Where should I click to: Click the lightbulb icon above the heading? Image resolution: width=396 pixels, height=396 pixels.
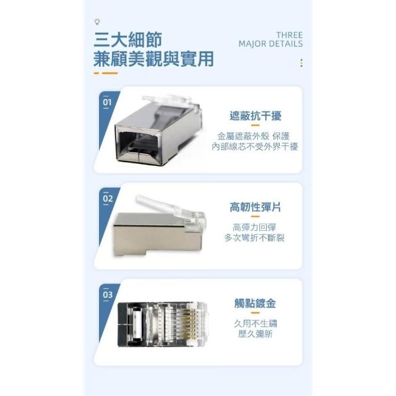click(97, 22)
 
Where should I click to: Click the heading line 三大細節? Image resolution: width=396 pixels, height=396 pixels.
click(128, 40)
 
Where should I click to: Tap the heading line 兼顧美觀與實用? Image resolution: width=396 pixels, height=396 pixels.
click(154, 59)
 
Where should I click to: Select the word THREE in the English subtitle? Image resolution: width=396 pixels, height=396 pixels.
click(289, 35)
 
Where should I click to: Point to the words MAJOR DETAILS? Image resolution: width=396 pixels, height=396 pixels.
click(270, 44)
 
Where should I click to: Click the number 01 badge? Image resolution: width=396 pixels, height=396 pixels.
click(107, 102)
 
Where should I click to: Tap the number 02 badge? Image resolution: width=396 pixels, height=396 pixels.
click(108, 199)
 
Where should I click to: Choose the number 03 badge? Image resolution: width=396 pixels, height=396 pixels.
click(108, 295)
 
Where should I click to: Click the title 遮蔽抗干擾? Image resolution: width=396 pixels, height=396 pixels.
click(256, 116)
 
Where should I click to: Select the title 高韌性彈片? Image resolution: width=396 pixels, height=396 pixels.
click(255, 207)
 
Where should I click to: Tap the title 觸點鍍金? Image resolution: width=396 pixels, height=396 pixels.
click(255, 303)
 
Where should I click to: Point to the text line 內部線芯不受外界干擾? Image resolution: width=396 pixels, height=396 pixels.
click(255, 147)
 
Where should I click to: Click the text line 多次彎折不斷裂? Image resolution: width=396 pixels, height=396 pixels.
click(254, 238)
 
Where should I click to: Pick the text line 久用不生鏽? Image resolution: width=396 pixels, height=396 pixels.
click(255, 324)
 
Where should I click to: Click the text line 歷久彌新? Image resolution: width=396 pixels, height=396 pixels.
click(255, 334)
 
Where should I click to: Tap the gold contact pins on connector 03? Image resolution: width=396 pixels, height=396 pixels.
click(190, 324)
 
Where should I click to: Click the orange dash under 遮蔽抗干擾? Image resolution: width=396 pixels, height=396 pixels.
click(255, 125)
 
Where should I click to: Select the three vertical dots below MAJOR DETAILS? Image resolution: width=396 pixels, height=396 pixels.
click(301, 63)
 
